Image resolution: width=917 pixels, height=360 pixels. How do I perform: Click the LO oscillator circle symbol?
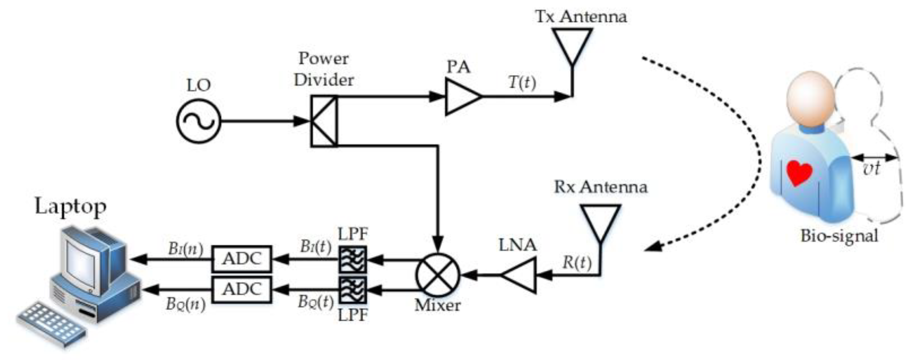pos(198,121)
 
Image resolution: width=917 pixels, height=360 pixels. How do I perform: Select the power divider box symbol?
pos(324,121)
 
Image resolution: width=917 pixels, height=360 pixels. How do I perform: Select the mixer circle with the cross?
pos(437,275)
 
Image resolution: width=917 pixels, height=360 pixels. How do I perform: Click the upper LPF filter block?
pos(352,259)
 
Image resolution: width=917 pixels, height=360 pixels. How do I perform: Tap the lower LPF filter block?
pos(352,290)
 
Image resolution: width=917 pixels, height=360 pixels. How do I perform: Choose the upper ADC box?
pos(241,259)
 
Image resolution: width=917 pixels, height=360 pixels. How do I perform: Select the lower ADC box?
pos(241,290)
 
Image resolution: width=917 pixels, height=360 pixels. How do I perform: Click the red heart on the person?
pos(798,172)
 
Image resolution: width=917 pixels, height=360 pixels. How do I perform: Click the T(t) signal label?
pos(522,82)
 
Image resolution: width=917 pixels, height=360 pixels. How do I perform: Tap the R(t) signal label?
pos(576,262)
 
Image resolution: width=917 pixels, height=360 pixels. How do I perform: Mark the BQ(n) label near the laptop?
pos(186,304)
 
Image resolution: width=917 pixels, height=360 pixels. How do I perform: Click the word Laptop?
pos(70,206)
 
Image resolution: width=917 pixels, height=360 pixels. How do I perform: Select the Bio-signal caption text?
pos(839,236)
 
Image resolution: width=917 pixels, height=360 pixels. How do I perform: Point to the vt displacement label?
pos(871,169)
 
